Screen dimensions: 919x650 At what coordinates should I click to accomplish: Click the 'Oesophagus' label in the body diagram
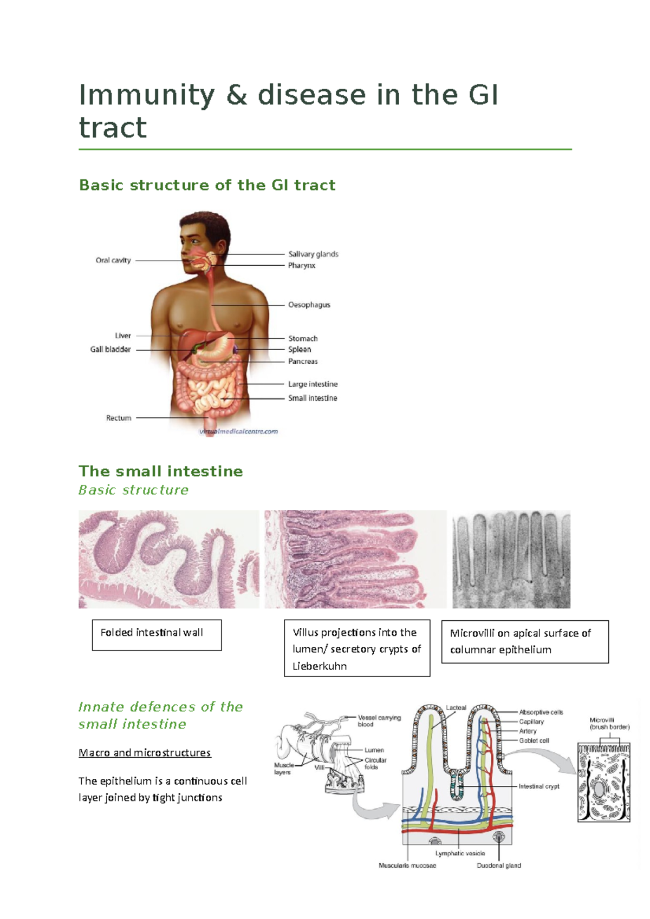point(309,305)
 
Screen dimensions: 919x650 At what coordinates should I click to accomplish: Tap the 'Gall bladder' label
point(110,350)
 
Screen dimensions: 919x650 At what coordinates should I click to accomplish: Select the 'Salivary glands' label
point(313,254)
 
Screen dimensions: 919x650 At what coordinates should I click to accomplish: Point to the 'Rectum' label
point(119,418)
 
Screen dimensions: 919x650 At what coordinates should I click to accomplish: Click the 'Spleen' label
point(300,350)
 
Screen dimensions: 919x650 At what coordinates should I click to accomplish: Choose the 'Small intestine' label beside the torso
point(313,398)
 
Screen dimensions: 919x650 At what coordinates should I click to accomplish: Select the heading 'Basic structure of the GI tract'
point(207,185)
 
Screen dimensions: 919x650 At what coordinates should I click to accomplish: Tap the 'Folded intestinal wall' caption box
point(157,634)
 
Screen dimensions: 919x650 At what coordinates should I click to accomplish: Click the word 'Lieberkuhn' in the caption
point(320,666)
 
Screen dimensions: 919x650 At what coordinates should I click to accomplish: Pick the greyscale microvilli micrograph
point(511,559)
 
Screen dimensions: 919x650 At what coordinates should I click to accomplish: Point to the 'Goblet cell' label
point(534,740)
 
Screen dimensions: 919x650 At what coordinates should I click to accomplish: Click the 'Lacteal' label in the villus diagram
point(456,707)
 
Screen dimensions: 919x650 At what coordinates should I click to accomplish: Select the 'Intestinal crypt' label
point(539,786)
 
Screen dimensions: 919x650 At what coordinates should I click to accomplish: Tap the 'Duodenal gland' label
point(499,865)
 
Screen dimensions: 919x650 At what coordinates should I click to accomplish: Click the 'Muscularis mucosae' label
point(407,865)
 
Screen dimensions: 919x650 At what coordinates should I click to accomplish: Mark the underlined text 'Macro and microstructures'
point(145,753)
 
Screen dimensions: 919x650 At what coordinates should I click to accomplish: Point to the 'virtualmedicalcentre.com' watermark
point(239,431)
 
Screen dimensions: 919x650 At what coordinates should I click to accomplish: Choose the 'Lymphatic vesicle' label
point(460,853)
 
